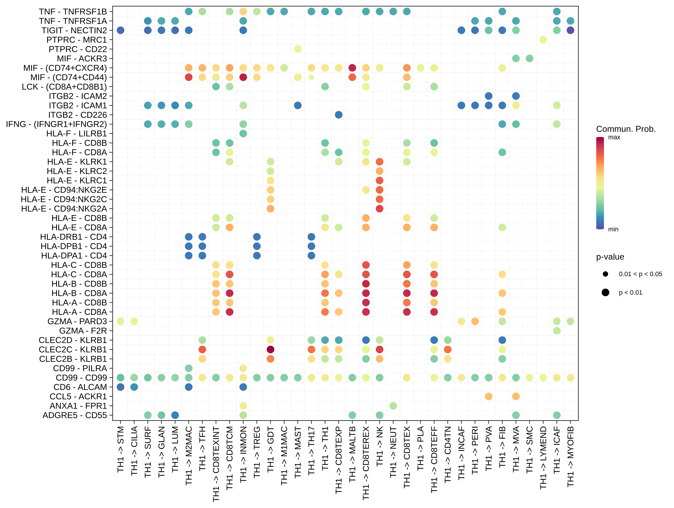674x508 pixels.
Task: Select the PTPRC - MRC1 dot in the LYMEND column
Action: point(543,40)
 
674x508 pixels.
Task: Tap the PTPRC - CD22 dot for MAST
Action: point(298,49)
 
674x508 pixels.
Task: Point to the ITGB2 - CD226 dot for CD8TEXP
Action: point(338,115)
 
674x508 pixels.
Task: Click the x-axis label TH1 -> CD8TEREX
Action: point(366,463)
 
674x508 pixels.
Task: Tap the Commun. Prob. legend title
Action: point(626,129)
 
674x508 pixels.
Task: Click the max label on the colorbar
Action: point(614,137)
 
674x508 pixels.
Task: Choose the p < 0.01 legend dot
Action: point(605,293)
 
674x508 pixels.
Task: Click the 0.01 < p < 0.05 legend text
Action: point(640,274)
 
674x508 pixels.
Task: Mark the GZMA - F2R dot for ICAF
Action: point(557,331)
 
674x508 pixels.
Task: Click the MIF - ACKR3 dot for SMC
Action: point(530,58)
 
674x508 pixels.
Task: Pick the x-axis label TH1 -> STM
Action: point(121,449)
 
